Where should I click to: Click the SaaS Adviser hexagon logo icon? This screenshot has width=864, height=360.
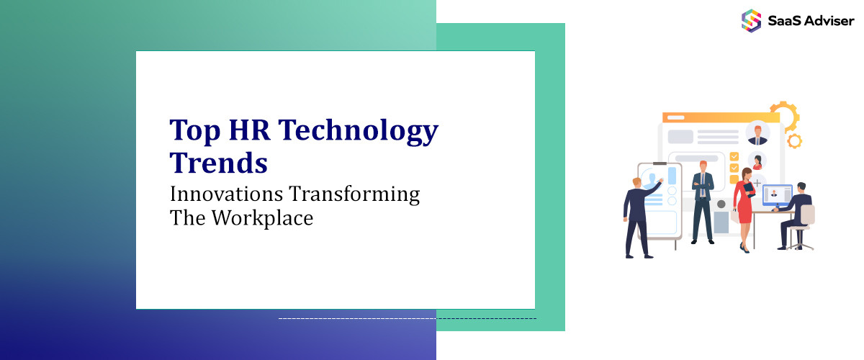point(751,20)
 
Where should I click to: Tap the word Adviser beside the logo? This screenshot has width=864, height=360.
point(828,21)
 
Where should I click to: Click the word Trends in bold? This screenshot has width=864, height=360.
point(218,163)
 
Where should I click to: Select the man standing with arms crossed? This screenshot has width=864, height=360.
point(702,202)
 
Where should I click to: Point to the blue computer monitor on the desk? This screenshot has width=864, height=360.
point(777,194)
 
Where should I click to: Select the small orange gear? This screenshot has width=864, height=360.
point(794,141)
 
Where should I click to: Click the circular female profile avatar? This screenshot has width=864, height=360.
point(757,161)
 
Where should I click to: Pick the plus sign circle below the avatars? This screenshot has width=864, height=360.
point(757,183)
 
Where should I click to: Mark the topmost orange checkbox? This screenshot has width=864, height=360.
point(734,156)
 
